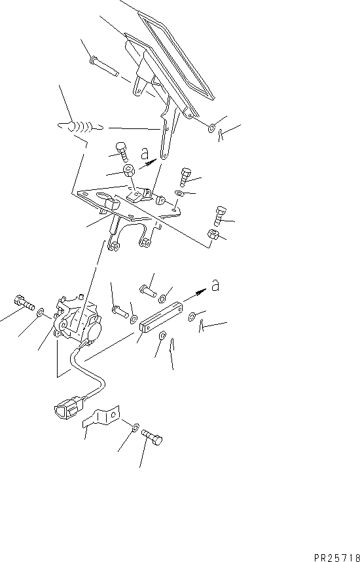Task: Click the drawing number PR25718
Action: tap(337, 557)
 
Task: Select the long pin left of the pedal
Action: tap(103, 66)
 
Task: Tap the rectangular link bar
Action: tap(160, 317)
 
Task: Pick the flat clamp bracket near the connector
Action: tap(101, 417)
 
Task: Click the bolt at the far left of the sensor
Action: tap(24, 303)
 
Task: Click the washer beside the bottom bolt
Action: tap(135, 427)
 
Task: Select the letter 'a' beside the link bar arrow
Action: tap(215, 286)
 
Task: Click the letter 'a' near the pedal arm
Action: tap(145, 154)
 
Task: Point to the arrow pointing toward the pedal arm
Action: tap(147, 164)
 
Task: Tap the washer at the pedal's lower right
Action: tap(211, 127)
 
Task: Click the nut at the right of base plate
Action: tap(211, 234)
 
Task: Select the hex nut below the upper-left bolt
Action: tap(128, 170)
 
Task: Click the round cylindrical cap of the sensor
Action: tap(96, 329)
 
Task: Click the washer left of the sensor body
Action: tap(41, 312)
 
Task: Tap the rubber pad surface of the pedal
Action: tap(176, 53)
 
